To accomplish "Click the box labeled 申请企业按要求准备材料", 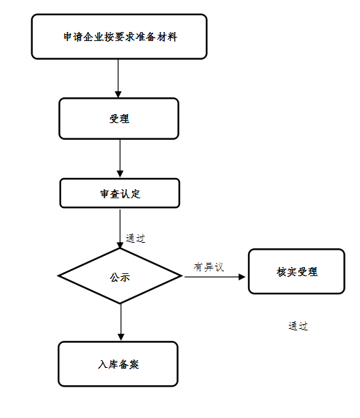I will tap(119, 37).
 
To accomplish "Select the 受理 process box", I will tap(119, 118).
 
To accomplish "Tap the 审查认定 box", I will tap(120, 193).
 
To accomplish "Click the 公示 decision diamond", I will tap(120, 276).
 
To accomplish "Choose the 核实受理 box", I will tap(296, 271).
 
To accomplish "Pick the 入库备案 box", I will tap(118, 363).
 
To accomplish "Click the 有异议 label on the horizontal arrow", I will tap(208, 267).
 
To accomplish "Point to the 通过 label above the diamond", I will tap(136, 239).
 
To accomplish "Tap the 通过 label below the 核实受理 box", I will tap(298, 326).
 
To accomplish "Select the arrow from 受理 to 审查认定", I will tap(120, 158).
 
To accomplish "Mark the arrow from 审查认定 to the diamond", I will tap(120, 227).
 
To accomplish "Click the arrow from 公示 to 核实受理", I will tap(215, 277).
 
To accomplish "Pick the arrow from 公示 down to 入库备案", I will tap(121, 322).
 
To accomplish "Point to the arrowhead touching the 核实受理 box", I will tap(243, 277).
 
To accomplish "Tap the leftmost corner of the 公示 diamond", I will tap(60, 276).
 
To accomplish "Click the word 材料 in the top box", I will tap(167, 37).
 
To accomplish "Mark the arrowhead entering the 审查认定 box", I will tap(120, 175).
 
